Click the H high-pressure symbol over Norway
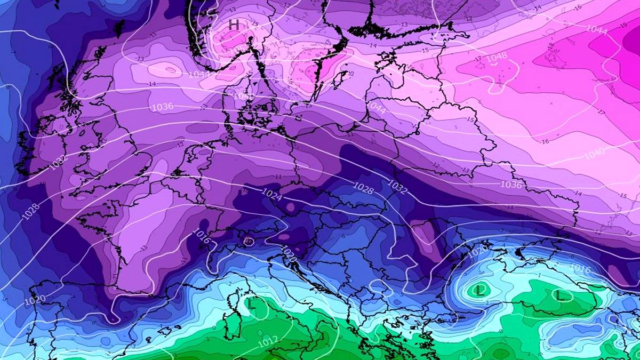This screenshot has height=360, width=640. click(234, 25)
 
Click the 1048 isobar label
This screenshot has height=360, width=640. click(497, 56)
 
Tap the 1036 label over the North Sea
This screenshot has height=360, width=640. click(163, 107)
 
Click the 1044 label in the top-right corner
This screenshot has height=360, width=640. click(597, 30)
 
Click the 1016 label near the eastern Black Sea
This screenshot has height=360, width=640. click(580, 269)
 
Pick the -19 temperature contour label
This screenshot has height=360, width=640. click(623, 25)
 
